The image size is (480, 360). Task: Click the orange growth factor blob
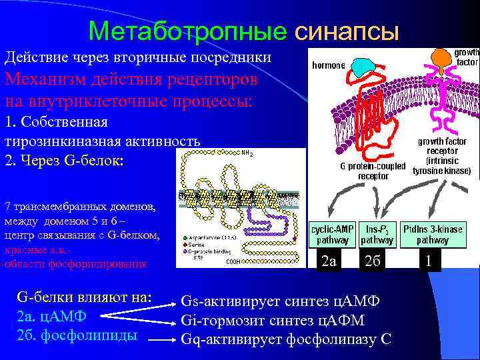click(441, 58)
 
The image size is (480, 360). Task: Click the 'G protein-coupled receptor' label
click(373, 171)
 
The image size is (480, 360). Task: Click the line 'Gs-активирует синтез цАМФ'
click(280, 301)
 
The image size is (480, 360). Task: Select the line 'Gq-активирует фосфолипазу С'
click(286, 339)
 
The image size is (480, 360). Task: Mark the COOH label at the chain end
click(233, 262)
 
